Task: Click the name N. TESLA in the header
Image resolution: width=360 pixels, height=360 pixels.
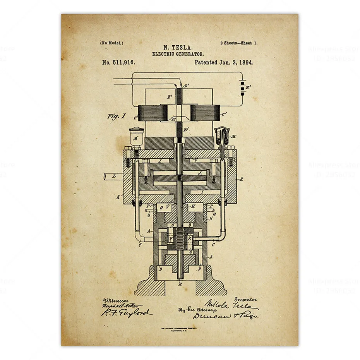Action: (x=178, y=47)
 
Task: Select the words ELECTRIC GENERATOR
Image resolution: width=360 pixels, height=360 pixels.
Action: (x=178, y=54)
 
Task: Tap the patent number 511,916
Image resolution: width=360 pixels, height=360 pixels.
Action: (x=123, y=62)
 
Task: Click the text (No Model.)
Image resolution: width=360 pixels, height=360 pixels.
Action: (x=111, y=43)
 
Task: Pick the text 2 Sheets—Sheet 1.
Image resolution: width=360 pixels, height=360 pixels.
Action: (x=238, y=43)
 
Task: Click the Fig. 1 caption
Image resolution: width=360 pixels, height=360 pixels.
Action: (x=117, y=116)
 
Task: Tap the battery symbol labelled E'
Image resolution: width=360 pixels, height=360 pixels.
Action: (x=243, y=88)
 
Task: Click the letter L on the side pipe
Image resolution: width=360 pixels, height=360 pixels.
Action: (x=114, y=176)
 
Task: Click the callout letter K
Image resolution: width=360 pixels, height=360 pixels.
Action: (x=118, y=197)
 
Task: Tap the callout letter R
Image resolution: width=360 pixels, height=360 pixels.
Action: (x=242, y=179)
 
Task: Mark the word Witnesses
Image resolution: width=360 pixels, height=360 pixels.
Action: (x=114, y=300)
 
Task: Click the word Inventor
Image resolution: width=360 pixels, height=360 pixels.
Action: (x=245, y=299)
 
